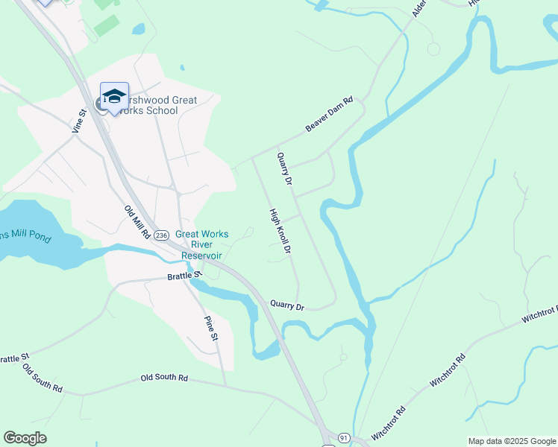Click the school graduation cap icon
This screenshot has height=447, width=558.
pyautogui.click(x=114, y=97)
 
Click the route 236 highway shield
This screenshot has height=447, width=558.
pyautogui.click(x=162, y=235)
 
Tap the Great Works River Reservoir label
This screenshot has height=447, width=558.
pyautogui.click(x=201, y=244)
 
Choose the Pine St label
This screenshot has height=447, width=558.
pyautogui.click(x=211, y=328)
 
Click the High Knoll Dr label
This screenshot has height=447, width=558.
pyautogui.click(x=279, y=232)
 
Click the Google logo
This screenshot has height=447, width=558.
pyautogui.click(x=25, y=438)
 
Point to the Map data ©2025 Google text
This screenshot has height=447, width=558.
pyautogui.click(x=511, y=441)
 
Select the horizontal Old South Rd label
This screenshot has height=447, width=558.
pyautogui.click(x=164, y=378)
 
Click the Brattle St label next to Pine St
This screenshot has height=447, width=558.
pyautogui.click(x=184, y=275)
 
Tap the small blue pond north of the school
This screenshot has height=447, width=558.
pyautogui.click(x=138, y=29)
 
